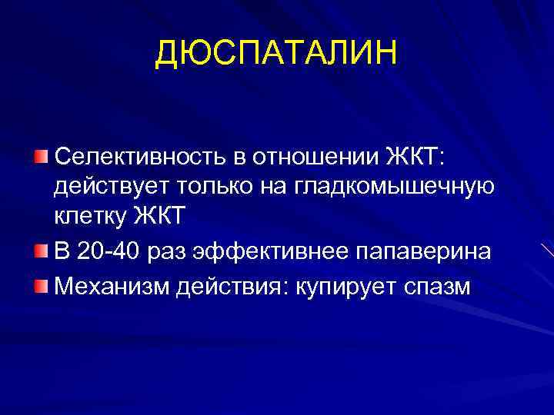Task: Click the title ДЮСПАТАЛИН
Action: tap(277, 53)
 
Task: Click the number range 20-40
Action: tap(108, 252)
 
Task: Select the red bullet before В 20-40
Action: tap(40, 251)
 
